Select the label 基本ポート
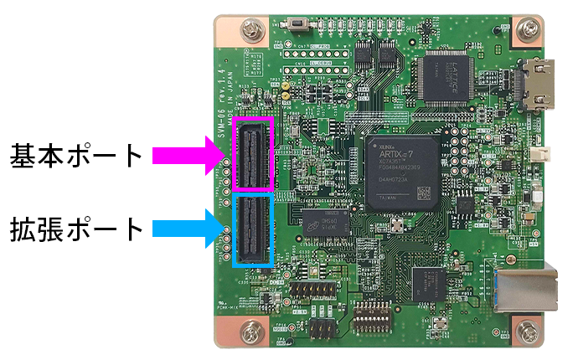[x=76, y=156]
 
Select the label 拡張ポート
[x=76, y=228]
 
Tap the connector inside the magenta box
[x=254, y=155]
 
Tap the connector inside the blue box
[x=254, y=229]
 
